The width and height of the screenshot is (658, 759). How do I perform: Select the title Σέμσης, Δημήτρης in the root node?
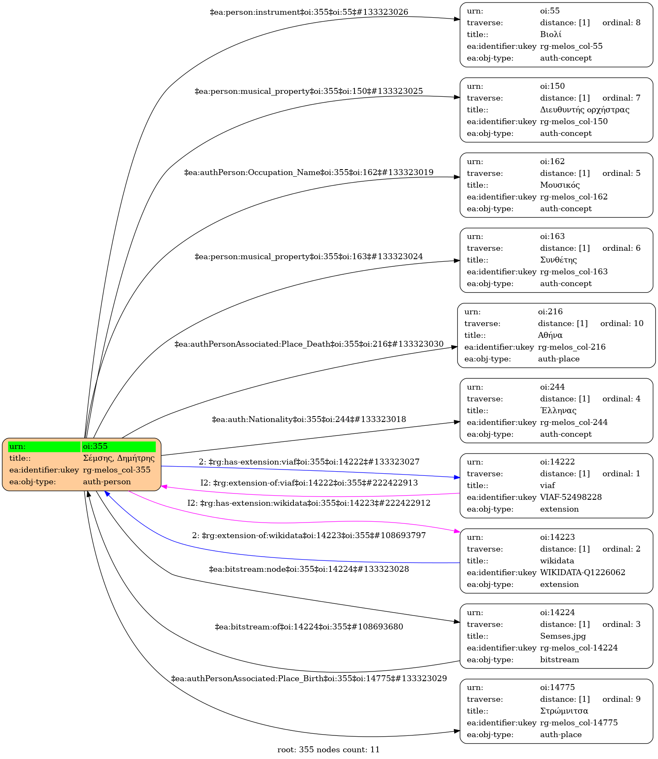(119, 458)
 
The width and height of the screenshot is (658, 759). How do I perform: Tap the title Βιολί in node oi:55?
(551, 34)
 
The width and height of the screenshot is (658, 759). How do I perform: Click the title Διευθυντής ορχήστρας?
(585, 110)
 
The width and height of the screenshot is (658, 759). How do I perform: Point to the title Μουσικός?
(560, 185)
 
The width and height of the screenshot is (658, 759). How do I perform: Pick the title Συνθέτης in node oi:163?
(558, 260)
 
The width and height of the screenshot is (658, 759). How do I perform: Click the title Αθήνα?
(550, 335)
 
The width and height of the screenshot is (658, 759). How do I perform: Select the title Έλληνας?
(558, 410)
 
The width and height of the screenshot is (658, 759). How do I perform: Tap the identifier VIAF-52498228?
(571, 497)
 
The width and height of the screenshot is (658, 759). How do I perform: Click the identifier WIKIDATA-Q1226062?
(583, 573)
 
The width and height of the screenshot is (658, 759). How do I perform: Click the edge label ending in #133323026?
(309, 12)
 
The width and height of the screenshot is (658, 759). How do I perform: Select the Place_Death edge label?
(309, 344)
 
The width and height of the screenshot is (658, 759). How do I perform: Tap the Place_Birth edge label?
(309, 679)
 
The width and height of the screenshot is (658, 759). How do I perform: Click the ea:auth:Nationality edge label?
(309, 419)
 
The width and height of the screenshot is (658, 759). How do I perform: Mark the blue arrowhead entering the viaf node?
(457, 478)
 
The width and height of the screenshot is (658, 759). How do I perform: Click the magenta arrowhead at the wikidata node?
(457, 532)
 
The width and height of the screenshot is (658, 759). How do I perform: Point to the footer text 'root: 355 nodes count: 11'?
(328, 750)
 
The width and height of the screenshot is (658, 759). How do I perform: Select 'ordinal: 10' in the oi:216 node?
(622, 324)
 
